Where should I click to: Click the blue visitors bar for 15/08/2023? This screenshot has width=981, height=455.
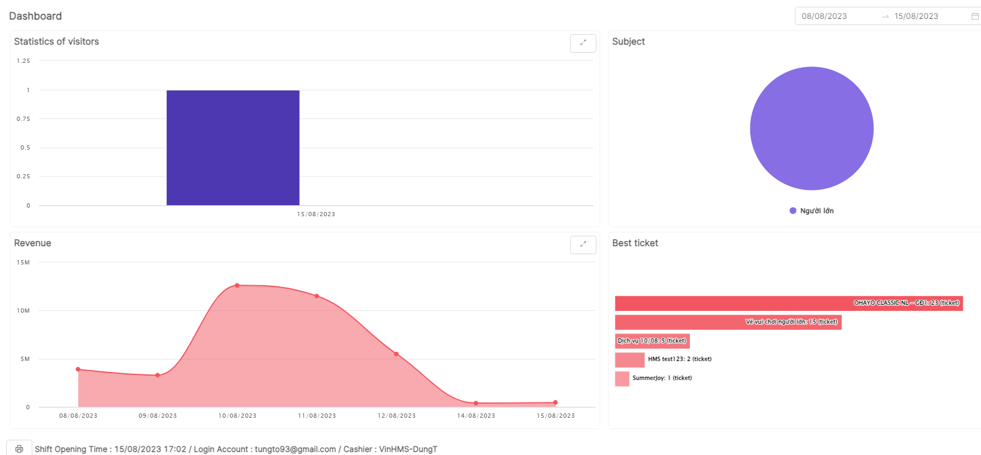233,148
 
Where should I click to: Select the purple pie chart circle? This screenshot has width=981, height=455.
811,128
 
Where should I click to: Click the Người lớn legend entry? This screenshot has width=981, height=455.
812,211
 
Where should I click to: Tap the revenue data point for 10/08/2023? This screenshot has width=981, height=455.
237,285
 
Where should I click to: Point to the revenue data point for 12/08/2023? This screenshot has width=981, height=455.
396,354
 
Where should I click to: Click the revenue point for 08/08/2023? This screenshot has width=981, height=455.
78,369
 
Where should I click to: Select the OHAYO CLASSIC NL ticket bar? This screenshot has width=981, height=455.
789,303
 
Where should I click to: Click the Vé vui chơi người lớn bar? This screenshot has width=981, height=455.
728,322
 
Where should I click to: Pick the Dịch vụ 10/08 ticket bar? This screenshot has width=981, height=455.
652,341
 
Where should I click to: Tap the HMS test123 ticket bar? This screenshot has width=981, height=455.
629,360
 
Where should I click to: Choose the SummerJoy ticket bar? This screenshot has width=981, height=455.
622,379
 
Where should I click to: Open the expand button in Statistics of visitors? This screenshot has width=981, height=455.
583,43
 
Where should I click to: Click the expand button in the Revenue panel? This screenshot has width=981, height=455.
583,244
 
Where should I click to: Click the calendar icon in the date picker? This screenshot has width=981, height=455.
975,16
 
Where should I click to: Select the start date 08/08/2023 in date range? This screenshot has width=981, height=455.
824,16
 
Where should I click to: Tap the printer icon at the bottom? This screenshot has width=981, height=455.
19,449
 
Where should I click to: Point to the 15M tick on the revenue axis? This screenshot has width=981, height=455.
23,263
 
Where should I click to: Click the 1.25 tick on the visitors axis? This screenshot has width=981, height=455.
23,61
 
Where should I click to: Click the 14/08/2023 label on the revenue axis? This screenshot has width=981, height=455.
476,416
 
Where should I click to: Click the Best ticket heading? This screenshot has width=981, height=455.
635,243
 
